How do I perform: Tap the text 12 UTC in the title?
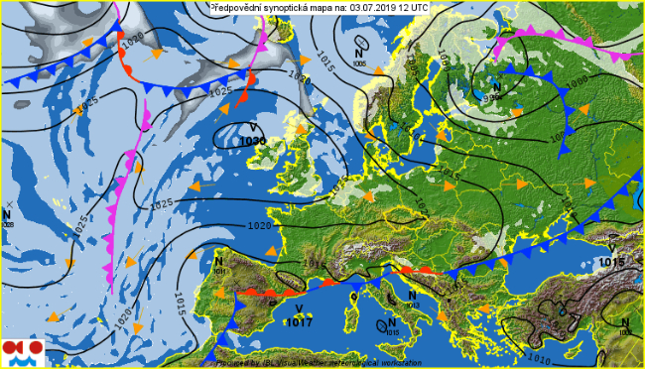click(x=411, y=6)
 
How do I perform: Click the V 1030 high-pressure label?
click(x=253, y=136)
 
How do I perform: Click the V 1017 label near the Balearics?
click(x=299, y=315)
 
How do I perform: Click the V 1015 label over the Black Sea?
click(x=612, y=256)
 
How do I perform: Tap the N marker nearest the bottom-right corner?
click(x=624, y=325)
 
